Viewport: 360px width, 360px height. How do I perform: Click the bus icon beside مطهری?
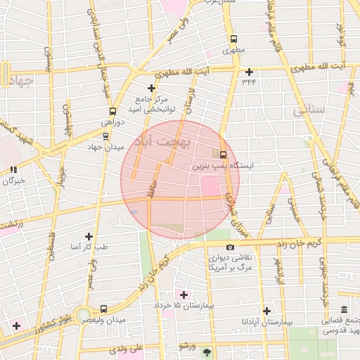[233, 39]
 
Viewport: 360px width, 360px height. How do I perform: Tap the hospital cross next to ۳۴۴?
[249, 72]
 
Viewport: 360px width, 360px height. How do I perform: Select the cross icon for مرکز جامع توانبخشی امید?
[150, 88]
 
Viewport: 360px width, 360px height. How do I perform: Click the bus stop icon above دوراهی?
[112, 111]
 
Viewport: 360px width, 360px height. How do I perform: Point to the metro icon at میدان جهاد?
[106, 136]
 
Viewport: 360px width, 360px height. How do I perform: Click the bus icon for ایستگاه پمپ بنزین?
[223, 155]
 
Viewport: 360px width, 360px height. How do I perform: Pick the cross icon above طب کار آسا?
[89, 236]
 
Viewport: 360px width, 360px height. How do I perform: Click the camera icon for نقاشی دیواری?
[230, 247]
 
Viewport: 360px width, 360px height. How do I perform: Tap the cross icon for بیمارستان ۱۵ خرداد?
[185, 295]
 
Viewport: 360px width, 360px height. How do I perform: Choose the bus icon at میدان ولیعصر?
[104, 308]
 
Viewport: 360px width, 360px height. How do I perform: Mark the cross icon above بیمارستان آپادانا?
[266, 310]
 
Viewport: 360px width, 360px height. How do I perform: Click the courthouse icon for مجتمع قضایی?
[344, 310]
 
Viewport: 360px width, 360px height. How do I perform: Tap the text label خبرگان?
[14, 181]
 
